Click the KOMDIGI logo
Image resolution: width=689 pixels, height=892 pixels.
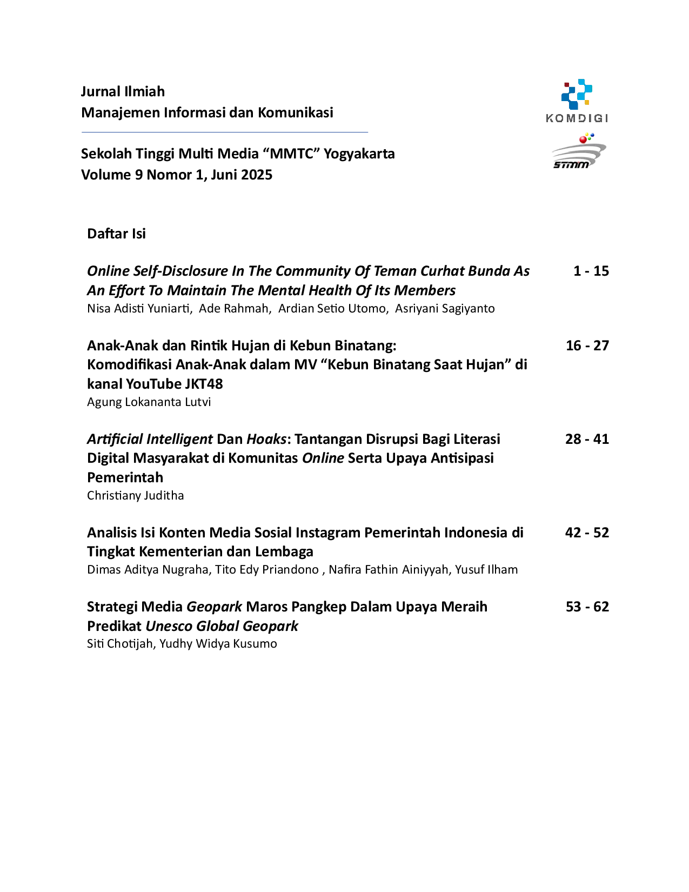pos(577,101)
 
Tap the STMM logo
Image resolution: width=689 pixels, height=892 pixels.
pos(579,151)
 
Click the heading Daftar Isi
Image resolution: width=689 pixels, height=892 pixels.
pos(117,234)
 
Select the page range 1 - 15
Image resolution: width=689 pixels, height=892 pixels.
pos(591,271)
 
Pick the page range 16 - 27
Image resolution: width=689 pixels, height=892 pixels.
pos(587,345)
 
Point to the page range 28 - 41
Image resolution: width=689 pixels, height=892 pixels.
pos(587,439)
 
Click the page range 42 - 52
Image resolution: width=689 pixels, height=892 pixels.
pos(587,533)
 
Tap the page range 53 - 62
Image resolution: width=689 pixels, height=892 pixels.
pos(587,607)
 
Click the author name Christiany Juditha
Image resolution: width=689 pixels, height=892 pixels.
pos(136,495)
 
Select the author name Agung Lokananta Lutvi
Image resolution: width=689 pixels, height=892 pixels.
pos(149,402)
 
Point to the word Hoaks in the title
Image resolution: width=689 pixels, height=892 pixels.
pos(266,439)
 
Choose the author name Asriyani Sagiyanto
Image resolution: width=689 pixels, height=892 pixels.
pos(445,308)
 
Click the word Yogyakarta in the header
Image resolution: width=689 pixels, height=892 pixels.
pos(359,154)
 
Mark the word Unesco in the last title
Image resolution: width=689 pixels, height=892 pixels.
pos(169,626)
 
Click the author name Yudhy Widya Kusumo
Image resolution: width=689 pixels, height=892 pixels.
pos(218,644)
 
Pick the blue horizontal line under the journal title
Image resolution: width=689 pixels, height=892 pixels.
pos(225,132)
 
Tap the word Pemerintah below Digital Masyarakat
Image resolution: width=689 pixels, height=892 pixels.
pos(125,477)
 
